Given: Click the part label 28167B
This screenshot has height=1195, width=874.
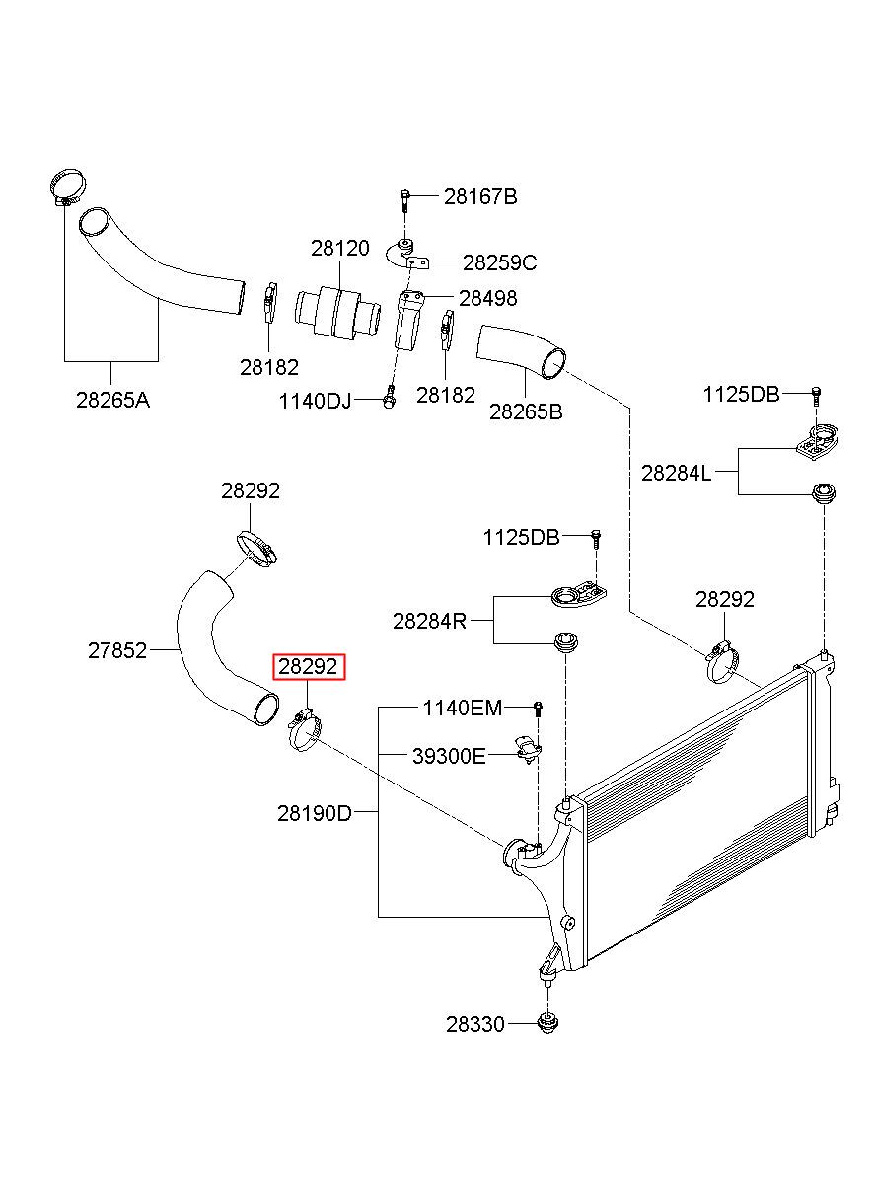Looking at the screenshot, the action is (480, 196).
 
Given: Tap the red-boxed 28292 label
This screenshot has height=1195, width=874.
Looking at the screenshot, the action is (308, 666).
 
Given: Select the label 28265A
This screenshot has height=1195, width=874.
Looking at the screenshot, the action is (112, 400).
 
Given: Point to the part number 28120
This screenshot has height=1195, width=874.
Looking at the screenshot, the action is (339, 248).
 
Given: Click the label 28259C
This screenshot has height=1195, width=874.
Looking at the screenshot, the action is (499, 262).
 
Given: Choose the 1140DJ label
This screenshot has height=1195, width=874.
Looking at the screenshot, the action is (315, 401).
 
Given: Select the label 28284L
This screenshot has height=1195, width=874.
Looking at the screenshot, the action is (676, 473).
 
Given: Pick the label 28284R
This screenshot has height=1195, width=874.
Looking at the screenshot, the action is (429, 621).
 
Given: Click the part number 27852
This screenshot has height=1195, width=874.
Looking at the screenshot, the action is (117, 650).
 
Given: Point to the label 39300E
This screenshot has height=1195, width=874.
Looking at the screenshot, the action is (449, 756).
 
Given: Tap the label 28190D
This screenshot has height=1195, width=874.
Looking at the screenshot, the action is (315, 813).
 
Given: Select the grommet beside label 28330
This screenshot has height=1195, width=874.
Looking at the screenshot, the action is (547, 1022).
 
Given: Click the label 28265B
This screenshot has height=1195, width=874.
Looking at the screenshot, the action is (526, 411).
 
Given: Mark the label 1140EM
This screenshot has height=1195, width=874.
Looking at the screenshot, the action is (463, 708).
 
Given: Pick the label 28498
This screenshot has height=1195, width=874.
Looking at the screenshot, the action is (488, 298).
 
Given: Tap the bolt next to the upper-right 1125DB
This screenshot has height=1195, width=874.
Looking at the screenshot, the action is (816, 396).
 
